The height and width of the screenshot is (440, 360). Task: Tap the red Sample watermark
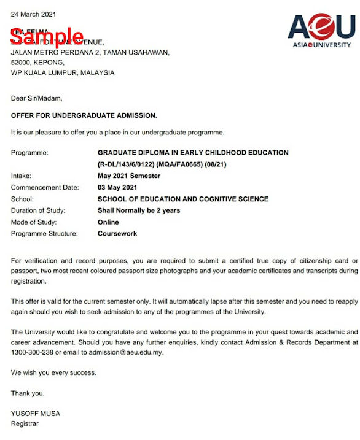pyautogui.click(x=47, y=36)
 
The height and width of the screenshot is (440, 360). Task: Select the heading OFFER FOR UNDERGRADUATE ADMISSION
pyautogui.click(x=84, y=115)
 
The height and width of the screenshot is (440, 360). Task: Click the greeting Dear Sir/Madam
pyautogui.click(x=36, y=98)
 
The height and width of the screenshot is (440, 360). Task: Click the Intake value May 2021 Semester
pyautogui.click(x=128, y=176)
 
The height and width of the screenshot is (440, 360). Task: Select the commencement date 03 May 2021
pyautogui.click(x=117, y=188)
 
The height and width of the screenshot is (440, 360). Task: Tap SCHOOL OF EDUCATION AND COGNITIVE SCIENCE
pyautogui.click(x=183, y=199)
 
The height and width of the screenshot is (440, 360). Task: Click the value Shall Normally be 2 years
pyautogui.click(x=139, y=210)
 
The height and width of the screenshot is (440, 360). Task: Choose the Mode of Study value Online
pyautogui.click(x=108, y=222)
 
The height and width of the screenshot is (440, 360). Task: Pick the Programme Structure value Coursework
pyautogui.click(x=117, y=234)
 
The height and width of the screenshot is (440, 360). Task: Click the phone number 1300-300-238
pyautogui.click(x=33, y=353)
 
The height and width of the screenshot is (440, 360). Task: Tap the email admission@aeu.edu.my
pyautogui.click(x=127, y=353)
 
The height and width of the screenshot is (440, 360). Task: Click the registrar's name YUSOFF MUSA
pyautogui.click(x=36, y=413)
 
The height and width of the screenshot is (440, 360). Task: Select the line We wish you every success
pyautogui.click(x=53, y=372)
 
